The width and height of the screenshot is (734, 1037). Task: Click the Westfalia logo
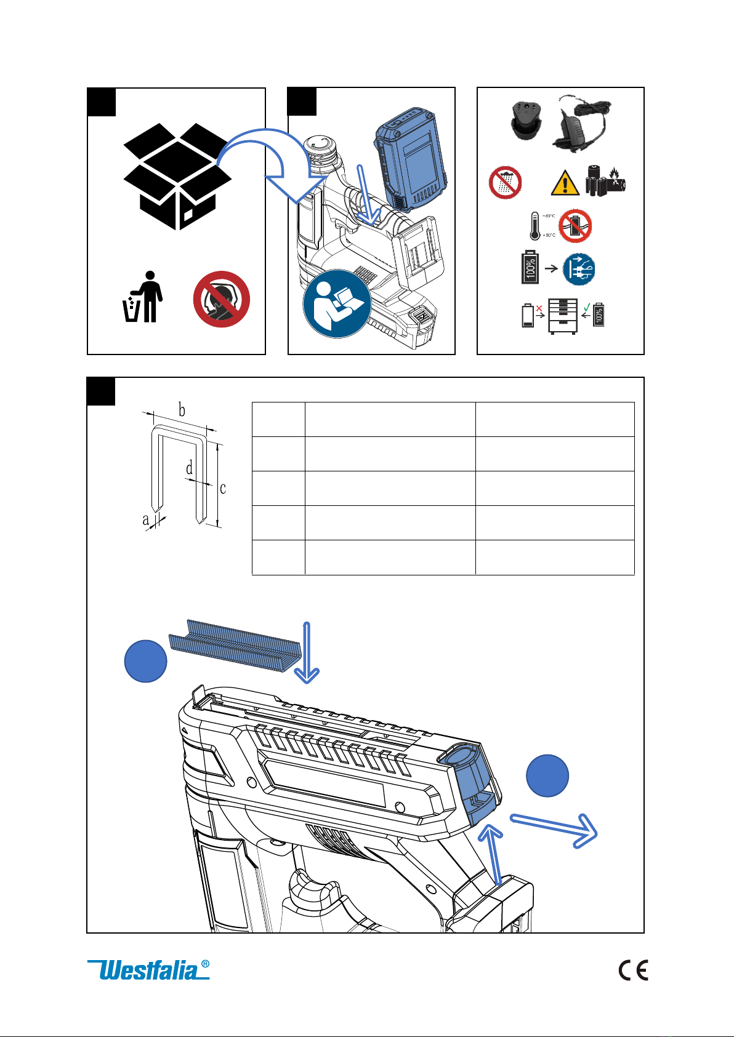click(x=148, y=970)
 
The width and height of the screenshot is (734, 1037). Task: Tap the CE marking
click(x=633, y=971)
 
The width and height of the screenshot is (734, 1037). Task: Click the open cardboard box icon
click(x=177, y=176)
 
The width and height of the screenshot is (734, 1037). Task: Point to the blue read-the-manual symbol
click(x=336, y=303)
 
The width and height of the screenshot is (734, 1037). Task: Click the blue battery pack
click(x=410, y=158)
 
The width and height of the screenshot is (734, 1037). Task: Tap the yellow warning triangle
click(x=565, y=183)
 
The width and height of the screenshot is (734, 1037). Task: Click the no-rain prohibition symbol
click(x=506, y=182)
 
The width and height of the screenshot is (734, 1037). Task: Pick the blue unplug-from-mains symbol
click(x=579, y=269)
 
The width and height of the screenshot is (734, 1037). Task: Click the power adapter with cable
click(x=583, y=124)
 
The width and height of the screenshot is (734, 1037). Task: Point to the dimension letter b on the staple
click(x=182, y=410)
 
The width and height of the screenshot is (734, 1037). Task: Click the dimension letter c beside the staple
click(x=223, y=488)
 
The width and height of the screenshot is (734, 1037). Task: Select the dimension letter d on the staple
click(x=190, y=468)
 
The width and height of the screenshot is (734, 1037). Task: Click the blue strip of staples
click(x=236, y=645)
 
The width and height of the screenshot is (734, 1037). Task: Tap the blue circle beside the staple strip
click(x=145, y=662)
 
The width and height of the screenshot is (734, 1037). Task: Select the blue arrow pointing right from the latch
click(x=554, y=829)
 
